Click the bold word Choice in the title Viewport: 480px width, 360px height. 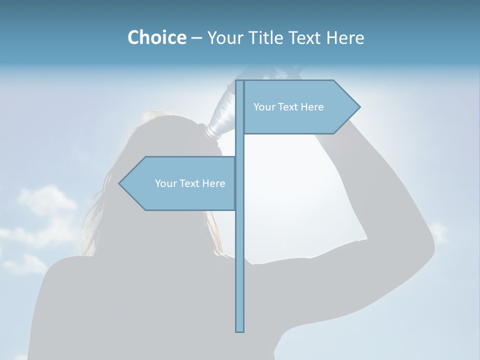156,37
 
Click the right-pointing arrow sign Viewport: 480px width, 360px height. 300,107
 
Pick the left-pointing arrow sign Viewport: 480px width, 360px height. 180,183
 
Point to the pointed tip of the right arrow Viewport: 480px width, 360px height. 359,107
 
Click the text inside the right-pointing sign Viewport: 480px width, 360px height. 288,107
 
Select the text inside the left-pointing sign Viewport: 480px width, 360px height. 190,183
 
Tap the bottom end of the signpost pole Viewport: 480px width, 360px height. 239,330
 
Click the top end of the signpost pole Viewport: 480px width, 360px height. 239,82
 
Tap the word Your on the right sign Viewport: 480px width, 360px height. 263,107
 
